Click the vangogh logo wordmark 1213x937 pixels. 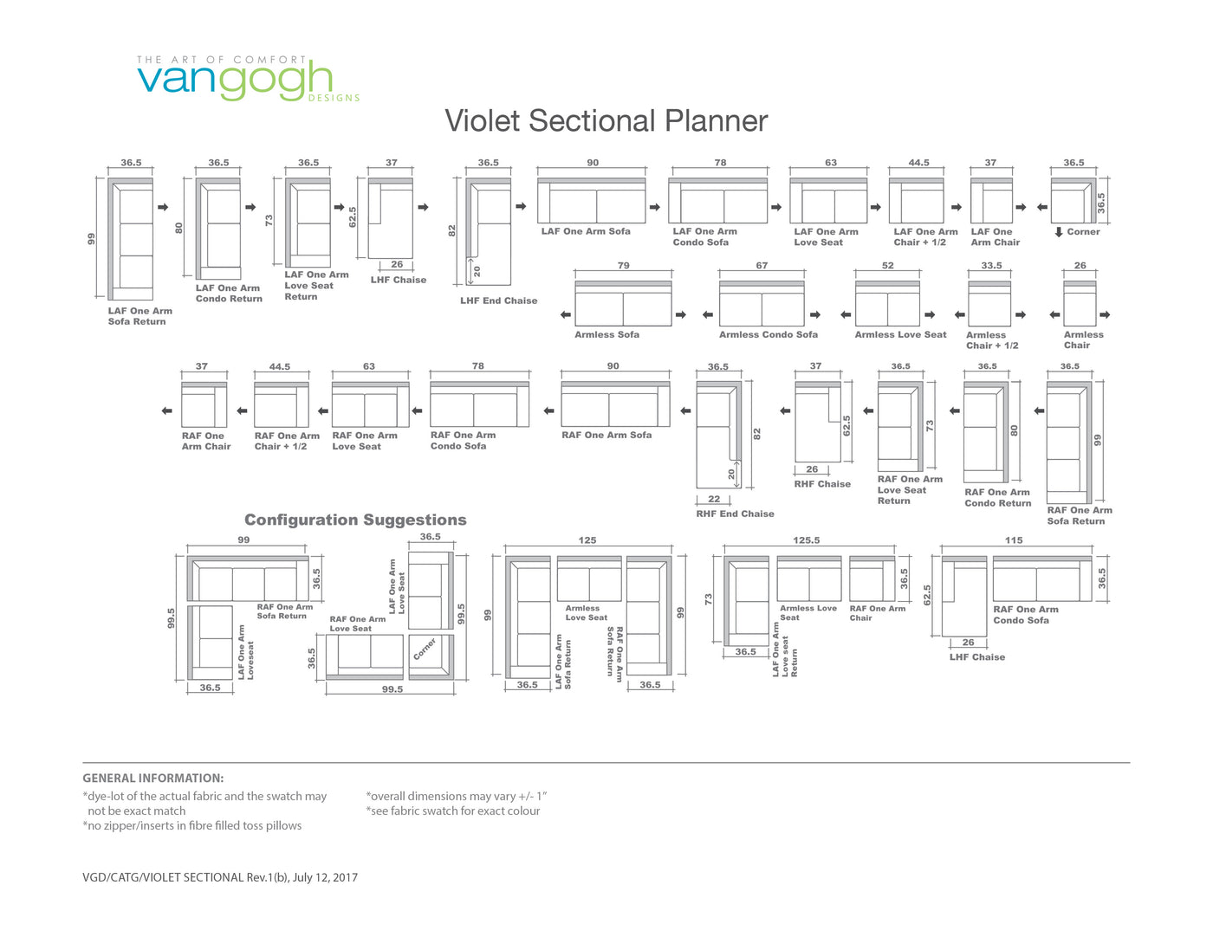(235, 81)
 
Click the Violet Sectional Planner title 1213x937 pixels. (606, 120)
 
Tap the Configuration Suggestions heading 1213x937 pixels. (355, 520)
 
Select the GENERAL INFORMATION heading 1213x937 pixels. (153, 778)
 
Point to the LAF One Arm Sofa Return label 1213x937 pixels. (140, 316)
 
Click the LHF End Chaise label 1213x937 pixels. (498, 300)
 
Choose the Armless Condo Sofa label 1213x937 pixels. (769, 334)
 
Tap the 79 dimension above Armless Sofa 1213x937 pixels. (624, 266)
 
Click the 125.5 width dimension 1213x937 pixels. (806, 540)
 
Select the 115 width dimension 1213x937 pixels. (1014, 540)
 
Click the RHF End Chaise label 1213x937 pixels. (735, 514)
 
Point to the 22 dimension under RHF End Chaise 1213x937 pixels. (714, 499)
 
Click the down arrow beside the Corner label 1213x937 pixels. (1059, 232)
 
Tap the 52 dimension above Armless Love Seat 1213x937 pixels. (887, 266)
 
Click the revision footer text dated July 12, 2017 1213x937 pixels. (220, 877)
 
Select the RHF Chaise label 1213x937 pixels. (822, 484)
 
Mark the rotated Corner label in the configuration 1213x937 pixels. (425, 649)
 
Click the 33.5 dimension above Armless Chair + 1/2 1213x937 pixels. (991, 266)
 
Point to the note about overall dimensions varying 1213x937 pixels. (456, 796)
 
